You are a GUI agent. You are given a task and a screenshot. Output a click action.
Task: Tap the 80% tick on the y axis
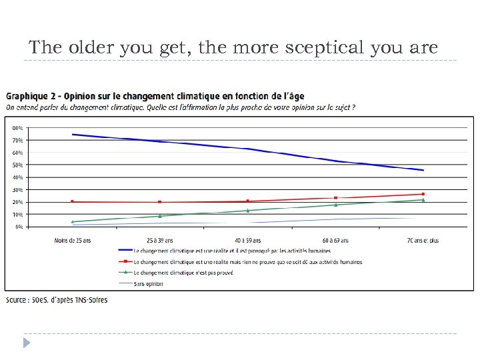pos(17,127)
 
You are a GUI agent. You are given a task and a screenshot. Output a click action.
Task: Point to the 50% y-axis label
pos(17,165)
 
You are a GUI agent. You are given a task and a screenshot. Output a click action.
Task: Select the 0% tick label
pos(19,227)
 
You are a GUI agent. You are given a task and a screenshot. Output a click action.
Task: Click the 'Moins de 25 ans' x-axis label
pos(73,241)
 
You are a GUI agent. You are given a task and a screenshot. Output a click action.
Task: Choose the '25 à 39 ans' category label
pos(160,241)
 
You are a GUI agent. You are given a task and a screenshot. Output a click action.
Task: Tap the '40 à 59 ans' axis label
pos(247,241)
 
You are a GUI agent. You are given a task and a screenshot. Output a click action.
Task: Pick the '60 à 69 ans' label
pos(335,241)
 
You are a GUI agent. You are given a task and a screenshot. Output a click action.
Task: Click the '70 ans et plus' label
pos(423,241)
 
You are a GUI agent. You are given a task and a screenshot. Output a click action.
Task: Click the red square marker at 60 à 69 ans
pos(335,198)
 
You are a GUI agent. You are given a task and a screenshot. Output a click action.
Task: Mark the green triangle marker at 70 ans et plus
pos(423,200)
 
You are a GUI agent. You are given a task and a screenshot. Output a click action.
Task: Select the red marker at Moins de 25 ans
pos(73,201)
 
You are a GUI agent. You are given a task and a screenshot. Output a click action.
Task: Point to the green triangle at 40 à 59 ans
pos(247,211)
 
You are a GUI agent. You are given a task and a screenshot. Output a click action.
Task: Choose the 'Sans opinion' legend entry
pos(148,283)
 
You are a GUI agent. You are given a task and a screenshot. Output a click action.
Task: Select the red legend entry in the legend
pos(247,262)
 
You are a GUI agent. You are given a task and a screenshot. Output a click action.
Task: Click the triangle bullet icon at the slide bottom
pos(26,343)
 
